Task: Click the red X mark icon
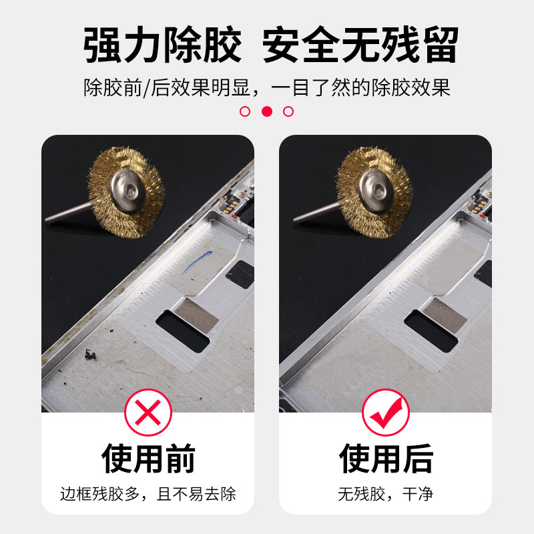tap(148, 413)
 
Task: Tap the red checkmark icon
tap(386, 413)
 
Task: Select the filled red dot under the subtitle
tap(267, 111)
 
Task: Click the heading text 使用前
tap(148, 459)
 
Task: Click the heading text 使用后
tap(386, 459)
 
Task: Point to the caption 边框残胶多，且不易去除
tap(148, 494)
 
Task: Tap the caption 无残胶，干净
tap(385, 494)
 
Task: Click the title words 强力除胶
tap(162, 45)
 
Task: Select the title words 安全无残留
tap(360, 45)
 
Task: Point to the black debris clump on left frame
tap(90, 354)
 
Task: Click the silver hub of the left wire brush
tap(128, 191)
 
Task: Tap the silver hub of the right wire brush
tap(376, 191)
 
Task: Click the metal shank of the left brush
tap(69, 213)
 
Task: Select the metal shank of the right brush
tap(316, 213)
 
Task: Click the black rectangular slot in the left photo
tap(182, 331)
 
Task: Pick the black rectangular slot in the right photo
tap(431, 331)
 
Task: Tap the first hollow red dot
tap(245, 111)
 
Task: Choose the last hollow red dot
tap(288, 111)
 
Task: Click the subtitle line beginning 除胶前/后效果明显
tap(267, 88)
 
